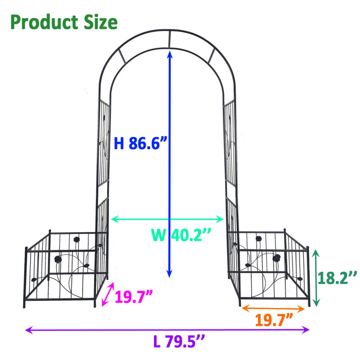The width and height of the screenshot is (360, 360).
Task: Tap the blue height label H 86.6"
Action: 140,143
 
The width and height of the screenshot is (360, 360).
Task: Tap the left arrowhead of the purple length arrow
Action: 28,330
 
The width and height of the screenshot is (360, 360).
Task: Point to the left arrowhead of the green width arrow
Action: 113,220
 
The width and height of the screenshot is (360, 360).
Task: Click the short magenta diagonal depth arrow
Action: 108,295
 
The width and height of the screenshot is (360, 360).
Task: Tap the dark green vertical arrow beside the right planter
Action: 317,277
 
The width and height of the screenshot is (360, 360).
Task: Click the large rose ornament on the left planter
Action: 58,259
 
